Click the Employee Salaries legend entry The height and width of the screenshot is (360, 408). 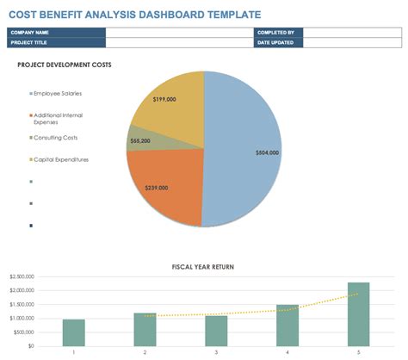point(57,93)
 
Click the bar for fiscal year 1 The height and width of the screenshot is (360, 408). point(74,332)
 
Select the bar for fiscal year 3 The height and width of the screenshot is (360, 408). point(216,330)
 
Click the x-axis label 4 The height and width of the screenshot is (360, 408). point(287,351)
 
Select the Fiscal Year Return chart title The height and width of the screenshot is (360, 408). point(203,267)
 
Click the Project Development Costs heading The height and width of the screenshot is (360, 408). point(65,65)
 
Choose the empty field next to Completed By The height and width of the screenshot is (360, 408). point(352,33)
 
